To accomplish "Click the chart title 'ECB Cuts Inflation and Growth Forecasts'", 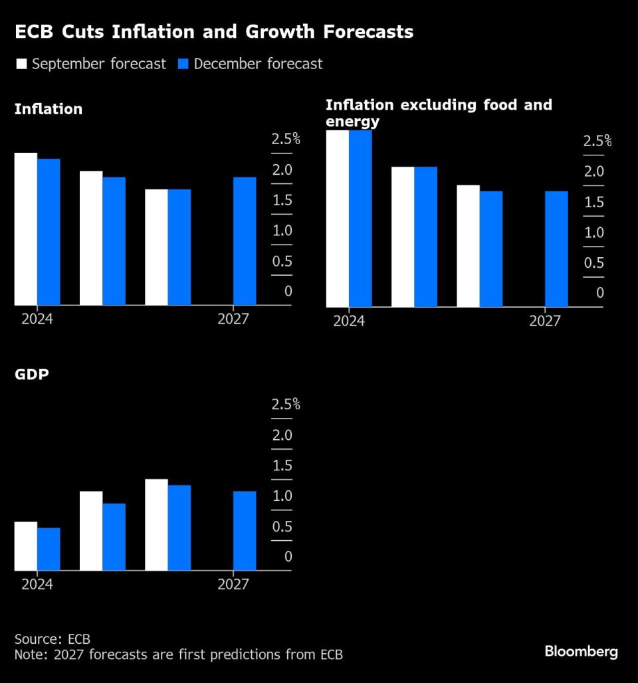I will [213, 32].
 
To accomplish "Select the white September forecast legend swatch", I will [21, 64].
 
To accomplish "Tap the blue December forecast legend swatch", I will [183, 64].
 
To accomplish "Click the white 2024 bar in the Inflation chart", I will [26, 229].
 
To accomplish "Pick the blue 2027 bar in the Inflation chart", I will [245, 241].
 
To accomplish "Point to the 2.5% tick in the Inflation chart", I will [286, 140].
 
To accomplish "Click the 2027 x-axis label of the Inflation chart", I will [233, 320].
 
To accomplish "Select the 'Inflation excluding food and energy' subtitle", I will [439, 113].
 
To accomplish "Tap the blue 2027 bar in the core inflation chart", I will [556, 249].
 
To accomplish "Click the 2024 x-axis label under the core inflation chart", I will [349, 322].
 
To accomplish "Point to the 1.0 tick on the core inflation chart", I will [593, 233].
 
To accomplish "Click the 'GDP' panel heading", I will [32, 374].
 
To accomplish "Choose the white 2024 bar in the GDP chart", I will [26, 546].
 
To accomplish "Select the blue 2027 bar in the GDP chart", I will [245, 531].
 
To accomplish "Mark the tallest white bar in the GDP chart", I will [156, 525].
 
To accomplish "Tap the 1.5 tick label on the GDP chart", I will [282, 465].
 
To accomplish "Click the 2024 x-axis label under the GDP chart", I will [37, 585].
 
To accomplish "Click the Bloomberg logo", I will [581, 651].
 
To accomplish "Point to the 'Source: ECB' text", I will [52, 639].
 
